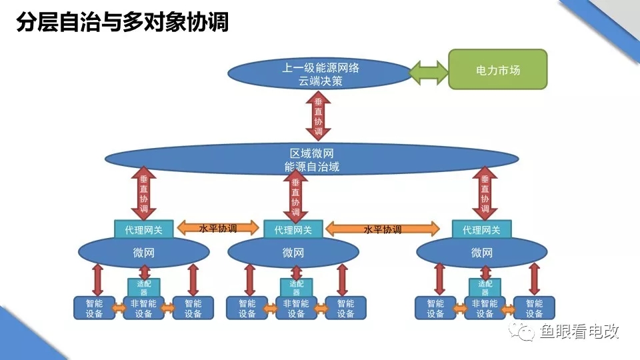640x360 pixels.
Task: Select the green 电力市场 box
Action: tap(497, 69)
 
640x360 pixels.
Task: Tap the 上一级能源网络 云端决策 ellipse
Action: tap(320, 74)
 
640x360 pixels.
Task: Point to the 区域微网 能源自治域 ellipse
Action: tap(312, 161)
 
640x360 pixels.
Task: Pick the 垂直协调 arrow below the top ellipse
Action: tap(319, 114)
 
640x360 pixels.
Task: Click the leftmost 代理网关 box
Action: tap(144, 229)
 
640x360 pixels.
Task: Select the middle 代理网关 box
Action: tap(293, 229)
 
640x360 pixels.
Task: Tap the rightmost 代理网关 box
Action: tap(481, 229)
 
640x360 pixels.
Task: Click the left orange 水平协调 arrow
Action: tap(218, 228)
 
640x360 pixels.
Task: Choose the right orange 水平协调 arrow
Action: tap(383, 229)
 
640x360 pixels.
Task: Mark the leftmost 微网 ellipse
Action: tap(144, 253)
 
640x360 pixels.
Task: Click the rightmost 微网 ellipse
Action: tap(481, 253)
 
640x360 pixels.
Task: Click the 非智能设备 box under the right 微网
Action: tap(485, 308)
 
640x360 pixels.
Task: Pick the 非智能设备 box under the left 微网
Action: tap(143, 308)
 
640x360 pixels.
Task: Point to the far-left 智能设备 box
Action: tap(94, 308)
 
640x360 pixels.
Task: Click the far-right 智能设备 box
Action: tap(534, 308)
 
